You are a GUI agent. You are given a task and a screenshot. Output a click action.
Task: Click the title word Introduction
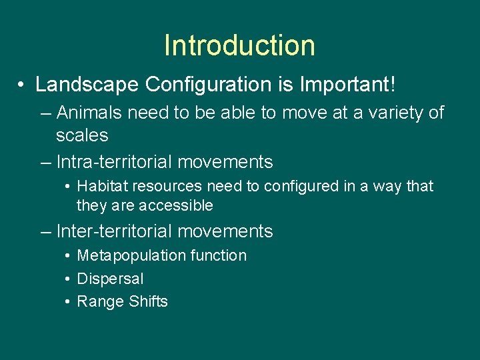(x=239, y=45)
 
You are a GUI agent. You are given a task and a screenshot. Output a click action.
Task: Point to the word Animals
(x=89, y=113)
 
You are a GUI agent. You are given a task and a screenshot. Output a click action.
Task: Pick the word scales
(x=82, y=135)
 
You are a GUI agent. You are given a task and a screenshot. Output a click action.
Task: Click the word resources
(x=160, y=186)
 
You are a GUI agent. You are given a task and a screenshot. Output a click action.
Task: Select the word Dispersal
(x=110, y=279)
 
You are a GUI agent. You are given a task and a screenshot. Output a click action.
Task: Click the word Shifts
(x=148, y=301)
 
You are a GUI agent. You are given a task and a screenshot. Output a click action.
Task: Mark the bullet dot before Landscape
(x=23, y=85)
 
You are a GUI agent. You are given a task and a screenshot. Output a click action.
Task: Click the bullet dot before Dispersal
(x=69, y=279)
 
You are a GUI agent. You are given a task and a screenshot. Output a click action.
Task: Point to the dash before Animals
(x=46, y=113)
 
